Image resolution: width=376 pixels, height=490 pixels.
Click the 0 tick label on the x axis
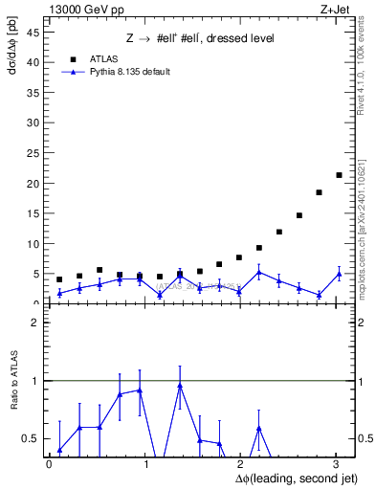[x=49, y=464]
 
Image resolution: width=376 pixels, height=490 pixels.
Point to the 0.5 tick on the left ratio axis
[x=30, y=438]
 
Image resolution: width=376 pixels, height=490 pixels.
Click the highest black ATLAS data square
[x=339, y=175]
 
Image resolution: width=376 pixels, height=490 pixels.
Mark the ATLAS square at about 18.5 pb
[x=319, y=192]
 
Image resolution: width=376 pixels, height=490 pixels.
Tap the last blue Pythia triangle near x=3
[x=339, y=274]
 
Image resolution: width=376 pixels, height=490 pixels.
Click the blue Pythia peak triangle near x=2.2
[x=259, y=272]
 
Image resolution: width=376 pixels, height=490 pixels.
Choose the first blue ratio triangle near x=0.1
[x=59, y=450]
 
